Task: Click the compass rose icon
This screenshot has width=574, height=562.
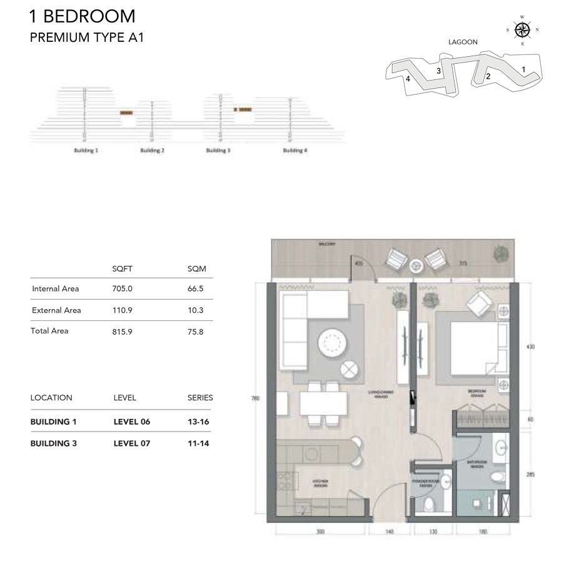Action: [x=522, y=29]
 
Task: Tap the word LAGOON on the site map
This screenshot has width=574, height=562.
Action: [x=463, y=42]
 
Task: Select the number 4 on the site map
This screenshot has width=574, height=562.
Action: [x=408, y=79]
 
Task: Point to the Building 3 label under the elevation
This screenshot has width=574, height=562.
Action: [x=219, y=150]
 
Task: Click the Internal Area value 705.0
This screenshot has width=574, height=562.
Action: [x=122, y=288]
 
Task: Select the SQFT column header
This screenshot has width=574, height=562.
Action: [x=122, y=269]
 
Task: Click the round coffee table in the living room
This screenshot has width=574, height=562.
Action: [x=331, y=343]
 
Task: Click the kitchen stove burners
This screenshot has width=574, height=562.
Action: [x=284, y=483]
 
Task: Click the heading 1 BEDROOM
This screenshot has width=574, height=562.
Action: [x=82, y=16]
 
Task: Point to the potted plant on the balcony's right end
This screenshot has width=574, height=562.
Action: [x=500, y=254]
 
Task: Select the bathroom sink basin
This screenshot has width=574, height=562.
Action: [x=500, y=448]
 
